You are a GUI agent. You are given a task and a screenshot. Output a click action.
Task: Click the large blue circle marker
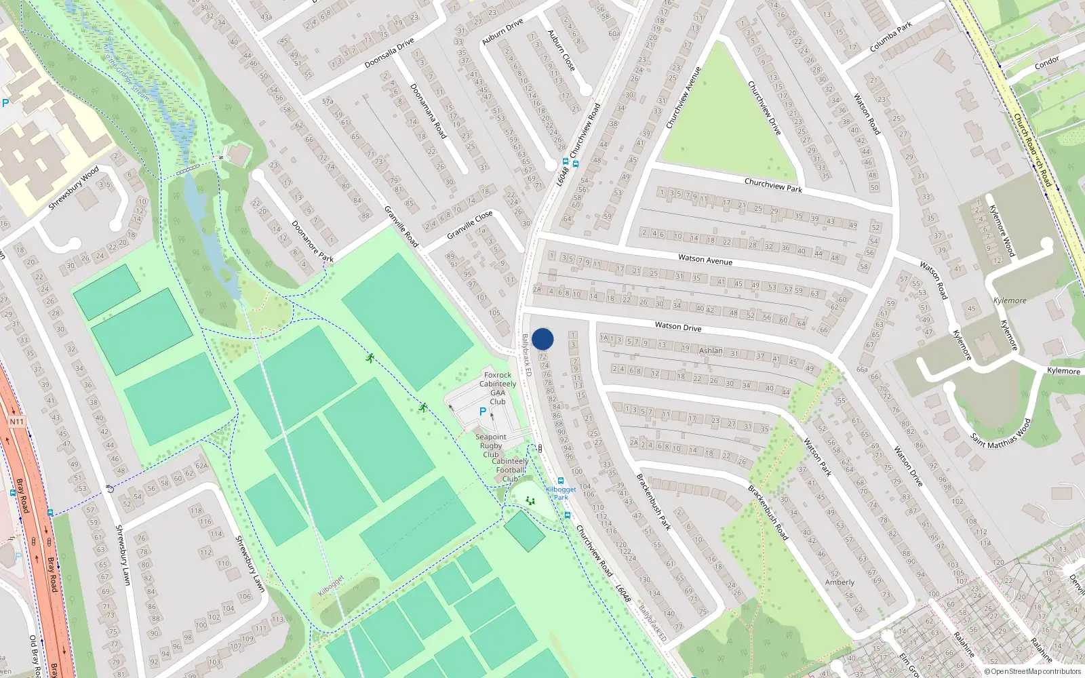pos(542,339)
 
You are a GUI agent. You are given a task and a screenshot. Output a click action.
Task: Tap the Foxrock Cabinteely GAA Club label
pos(498,388)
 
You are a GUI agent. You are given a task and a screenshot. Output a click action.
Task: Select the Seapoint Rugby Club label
pos(491,445)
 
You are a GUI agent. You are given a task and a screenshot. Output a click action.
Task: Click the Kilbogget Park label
pos(561,493)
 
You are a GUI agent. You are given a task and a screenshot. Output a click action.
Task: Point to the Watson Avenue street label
pos(705,260)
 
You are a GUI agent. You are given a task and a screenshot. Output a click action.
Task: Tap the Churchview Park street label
pos(773,185)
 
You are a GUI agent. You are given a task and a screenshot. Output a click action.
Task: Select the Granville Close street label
pos(470,225)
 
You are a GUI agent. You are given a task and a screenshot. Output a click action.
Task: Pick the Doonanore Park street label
pos(313,241)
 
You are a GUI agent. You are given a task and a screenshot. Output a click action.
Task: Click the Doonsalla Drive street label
pos(389,54)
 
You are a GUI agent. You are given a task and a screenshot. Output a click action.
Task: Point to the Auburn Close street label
pos(561,50)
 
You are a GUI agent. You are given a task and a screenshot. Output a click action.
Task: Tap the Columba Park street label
pos(891,38)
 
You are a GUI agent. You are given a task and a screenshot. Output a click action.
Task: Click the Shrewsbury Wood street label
pos(74,188)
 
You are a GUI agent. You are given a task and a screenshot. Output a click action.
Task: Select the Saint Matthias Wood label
pos(1001,433)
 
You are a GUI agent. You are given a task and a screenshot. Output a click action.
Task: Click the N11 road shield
pos(16,422)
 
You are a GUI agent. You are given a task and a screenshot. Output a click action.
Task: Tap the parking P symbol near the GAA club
pos(483,412)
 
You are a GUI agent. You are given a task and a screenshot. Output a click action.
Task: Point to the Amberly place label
pos(840,582)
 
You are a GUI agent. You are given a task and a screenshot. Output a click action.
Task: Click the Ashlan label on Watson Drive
pos(711,351)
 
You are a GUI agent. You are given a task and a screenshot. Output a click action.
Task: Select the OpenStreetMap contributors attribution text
pos(1031,672)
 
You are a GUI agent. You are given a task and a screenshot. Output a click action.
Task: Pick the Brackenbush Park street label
pos(653,502)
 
